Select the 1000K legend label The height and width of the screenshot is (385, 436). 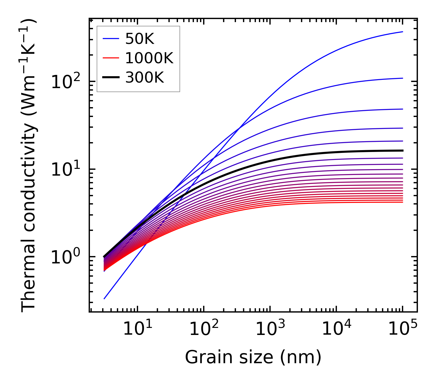pos(149,58)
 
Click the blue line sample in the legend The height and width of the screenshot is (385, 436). pos(110,39)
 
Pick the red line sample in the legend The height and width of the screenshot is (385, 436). pos(110,58)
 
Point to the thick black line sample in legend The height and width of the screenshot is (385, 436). pos(110,78)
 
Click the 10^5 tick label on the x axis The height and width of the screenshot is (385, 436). pos(402,329)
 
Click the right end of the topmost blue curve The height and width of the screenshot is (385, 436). pos(402,32)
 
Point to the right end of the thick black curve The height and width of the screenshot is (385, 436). pos(402,150)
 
